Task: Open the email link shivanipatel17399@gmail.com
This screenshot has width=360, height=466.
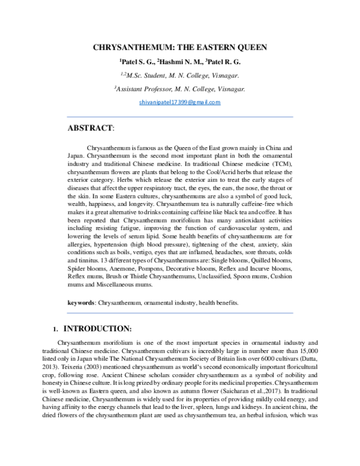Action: (x=179, y=103)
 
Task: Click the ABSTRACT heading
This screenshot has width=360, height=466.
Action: (x=89, y=129)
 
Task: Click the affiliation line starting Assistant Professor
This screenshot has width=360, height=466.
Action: (x=180, y=89)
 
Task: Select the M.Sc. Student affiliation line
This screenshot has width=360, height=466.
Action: (x=180, y=75)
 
